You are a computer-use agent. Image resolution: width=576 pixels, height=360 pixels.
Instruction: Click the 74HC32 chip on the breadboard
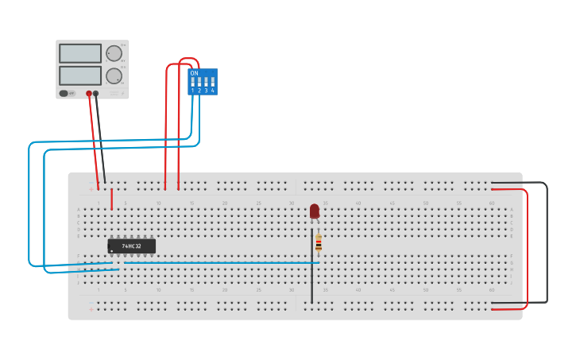(132, 246)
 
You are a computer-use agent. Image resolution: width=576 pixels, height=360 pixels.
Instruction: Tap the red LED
(315, 211)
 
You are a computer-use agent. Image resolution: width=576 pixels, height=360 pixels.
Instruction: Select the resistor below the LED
(319, 242)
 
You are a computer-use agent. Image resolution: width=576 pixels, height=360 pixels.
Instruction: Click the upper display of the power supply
(80, 53)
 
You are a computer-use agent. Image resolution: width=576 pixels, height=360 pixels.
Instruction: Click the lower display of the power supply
(80, 75)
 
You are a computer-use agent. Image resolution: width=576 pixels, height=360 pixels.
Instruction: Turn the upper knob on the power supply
(114, 53)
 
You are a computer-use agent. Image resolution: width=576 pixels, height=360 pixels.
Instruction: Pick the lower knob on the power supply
(114, 75)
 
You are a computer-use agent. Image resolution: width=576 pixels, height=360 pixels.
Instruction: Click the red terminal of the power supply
(89, 93)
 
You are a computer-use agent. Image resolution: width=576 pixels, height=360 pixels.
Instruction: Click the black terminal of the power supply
(96, 93)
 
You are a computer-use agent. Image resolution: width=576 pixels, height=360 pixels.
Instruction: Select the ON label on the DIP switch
(194, 73)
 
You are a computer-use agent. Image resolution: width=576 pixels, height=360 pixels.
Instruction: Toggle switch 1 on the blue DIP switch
(192, 82)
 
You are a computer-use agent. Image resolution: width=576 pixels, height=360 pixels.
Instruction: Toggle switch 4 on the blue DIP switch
(213, 82)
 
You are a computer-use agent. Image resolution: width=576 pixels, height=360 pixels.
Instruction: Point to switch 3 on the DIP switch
(206, 82)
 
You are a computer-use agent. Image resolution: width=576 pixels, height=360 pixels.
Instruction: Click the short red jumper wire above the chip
(111, 199)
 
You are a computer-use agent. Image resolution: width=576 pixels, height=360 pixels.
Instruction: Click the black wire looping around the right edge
(547, 242)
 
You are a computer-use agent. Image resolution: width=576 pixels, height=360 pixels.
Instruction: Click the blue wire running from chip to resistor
(222, 262)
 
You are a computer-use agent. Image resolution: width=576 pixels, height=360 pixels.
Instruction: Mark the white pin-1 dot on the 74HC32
(111, 251)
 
